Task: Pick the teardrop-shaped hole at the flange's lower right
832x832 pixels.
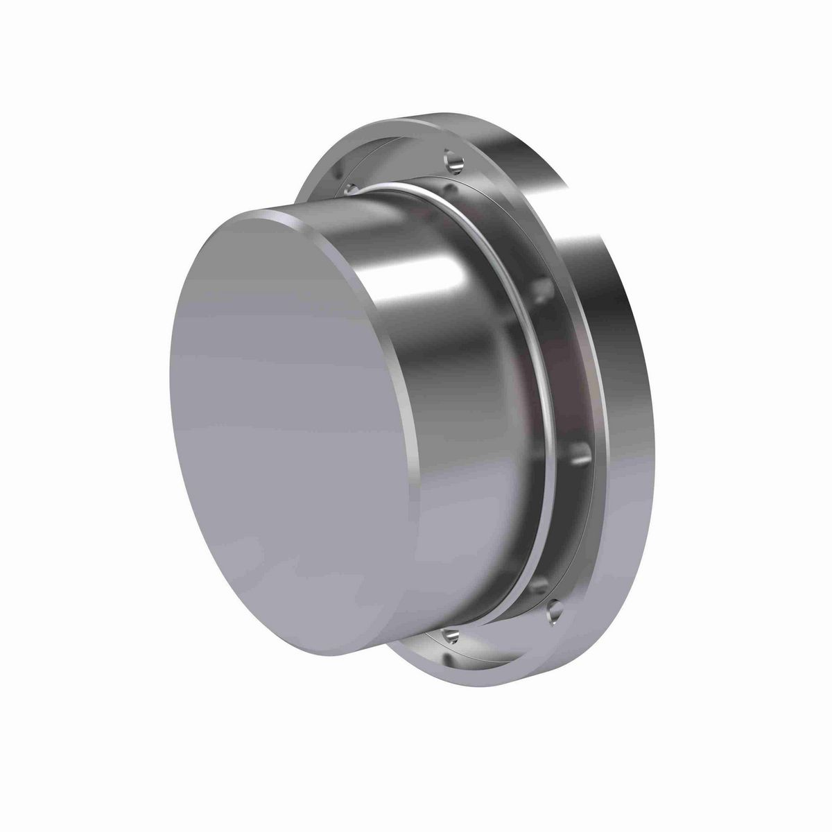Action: (x=553, y=610)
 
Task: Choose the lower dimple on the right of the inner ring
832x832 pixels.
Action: (x=581, y=454)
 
